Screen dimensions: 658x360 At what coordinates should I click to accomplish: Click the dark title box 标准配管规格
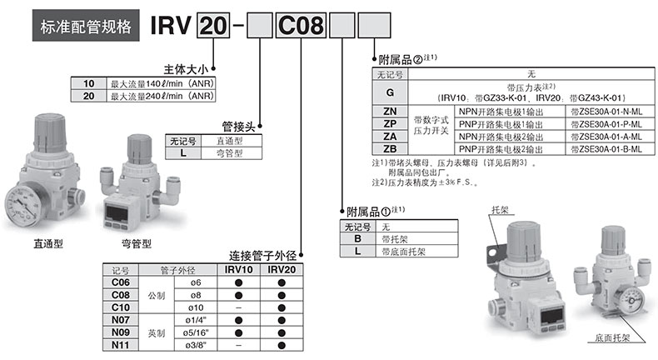coord(86,26)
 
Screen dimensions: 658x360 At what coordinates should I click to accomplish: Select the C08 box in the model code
coord(301,25)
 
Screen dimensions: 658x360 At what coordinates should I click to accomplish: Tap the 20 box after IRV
coord(213,25)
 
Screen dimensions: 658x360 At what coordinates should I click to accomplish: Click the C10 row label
coord(121,307)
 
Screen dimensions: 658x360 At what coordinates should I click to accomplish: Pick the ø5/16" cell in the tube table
coord(196,332)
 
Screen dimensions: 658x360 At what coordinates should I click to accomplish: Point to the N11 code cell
coord(121,345)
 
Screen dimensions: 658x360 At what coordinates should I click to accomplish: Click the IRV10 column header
coord(238,270)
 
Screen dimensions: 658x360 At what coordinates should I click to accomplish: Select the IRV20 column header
coord(282,270)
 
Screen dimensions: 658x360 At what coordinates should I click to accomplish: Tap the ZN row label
coord(390,112)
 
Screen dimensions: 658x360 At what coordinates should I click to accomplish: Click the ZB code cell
coord(390,148)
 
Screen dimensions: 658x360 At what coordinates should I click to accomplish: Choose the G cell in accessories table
coord(390,92)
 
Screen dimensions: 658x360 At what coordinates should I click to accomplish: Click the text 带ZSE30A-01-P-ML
coord(606,124)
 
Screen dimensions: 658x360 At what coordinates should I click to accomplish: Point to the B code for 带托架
coord(357,238)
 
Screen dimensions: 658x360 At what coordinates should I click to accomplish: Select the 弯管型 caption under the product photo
coord(137,243)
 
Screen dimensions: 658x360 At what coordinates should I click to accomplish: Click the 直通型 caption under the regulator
coord(48,243)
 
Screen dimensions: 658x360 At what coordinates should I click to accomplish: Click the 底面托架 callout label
coord(612,337)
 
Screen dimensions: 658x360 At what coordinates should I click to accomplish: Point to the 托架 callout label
coord(500,210)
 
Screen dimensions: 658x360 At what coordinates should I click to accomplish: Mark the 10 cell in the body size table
coord(88,83)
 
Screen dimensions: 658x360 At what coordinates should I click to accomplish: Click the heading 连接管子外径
coord(262,255)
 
